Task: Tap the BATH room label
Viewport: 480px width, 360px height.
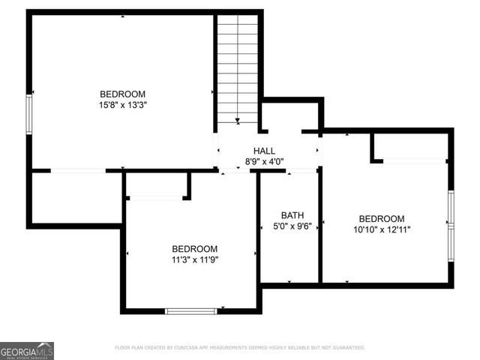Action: [x=292, y=214]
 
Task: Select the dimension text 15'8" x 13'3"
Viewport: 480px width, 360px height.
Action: [x=122, y=105]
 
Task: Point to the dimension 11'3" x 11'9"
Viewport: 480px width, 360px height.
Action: [x=194, y=260]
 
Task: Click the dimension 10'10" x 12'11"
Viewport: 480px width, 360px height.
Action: [x=382, y=229]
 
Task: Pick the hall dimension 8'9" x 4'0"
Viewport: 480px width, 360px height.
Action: [x=264, y=161]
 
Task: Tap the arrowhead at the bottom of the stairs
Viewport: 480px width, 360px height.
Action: [x=237, y=119]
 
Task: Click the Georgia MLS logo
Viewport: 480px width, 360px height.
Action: [x=27, y=350]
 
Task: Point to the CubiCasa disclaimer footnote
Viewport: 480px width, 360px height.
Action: [x=240, y=348]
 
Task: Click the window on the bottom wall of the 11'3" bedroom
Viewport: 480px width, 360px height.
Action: [x=190, y=310]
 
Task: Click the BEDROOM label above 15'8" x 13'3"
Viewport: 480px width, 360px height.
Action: [x=122, y=94]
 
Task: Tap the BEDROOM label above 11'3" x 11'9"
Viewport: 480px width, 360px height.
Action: [x=194, y=249]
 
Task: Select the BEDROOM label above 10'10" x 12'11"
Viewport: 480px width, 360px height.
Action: [x=382, y=219]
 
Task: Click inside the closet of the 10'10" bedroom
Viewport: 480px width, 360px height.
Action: [x=412, y=145]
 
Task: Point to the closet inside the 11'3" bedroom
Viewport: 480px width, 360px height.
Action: [x=155, y=184]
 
